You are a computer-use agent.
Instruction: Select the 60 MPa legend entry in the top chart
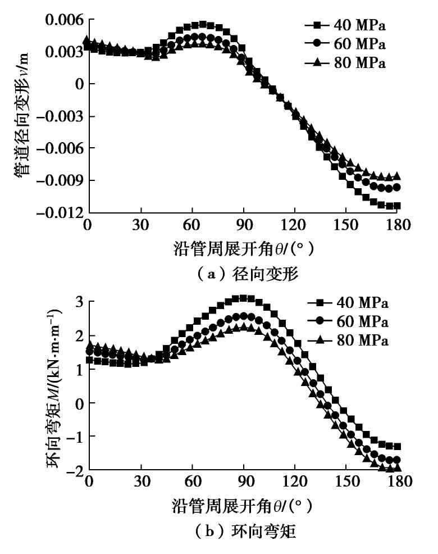point(346,44)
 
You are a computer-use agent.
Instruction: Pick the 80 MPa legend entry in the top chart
point(346,63)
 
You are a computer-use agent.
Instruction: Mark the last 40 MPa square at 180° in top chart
point(397,206)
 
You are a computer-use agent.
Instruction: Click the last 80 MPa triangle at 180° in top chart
point(397,176)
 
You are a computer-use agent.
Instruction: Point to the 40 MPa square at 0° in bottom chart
point(89,360)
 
